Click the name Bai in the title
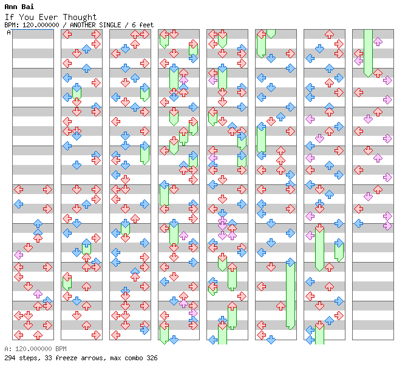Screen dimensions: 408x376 [x=27, y=7]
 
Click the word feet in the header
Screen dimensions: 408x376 [x=146, y=25]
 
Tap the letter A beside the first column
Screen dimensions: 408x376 [x=9, y=32]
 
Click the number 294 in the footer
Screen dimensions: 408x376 [x=10, y=358]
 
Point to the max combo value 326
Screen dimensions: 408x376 [x=152, y=358]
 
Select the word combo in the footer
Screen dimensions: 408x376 [x=134, y=358]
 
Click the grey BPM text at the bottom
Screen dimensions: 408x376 [x=35, y=349]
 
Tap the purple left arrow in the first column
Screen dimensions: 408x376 [x=18, y=255]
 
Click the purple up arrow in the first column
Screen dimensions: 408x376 [x=38, y=294]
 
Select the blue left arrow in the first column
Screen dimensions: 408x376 [x=18, y=204]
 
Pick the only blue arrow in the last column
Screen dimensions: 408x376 [x=359, y=223]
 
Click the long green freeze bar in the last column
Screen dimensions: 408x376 [x=368, y=53]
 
